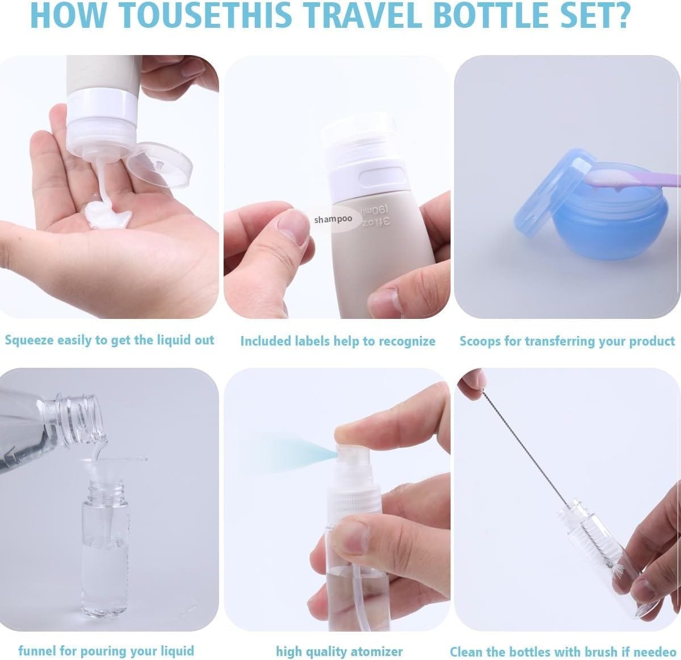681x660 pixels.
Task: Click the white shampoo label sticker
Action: tap(334, 218)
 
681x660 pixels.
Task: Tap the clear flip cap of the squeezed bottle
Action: tap(159, 165)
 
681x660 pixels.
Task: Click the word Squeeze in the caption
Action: tap(28, 340)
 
